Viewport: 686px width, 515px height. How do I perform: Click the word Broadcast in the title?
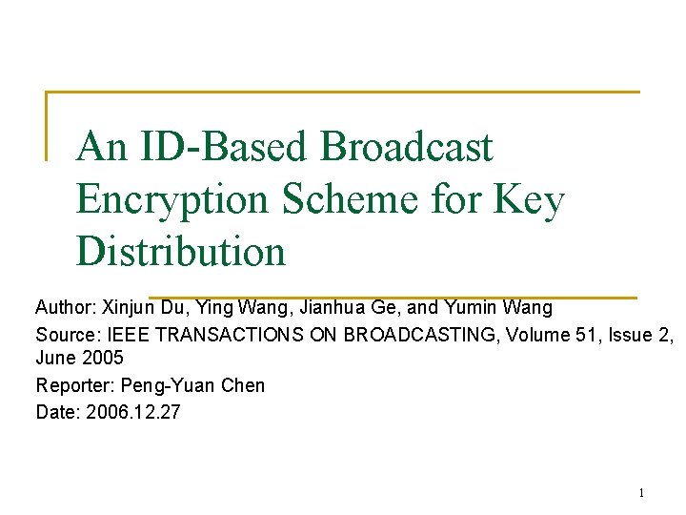tap(407, 147)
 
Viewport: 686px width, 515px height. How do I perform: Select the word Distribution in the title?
tap(180, 251)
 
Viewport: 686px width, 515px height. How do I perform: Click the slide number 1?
tap(640, 493)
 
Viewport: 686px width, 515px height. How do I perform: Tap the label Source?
tap(64, 335)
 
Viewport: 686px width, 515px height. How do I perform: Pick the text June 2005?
tap(80, 360)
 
